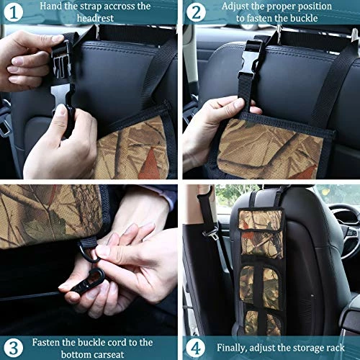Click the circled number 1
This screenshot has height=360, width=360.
[14, 12]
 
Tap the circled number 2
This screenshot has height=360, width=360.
[196, 12]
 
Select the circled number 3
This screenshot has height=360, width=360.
[14, 348]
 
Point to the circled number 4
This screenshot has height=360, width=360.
[196, 348]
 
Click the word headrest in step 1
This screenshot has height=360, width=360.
[95, 18]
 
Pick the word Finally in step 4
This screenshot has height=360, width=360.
[232, 348]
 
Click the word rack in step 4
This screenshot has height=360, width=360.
[336, 348]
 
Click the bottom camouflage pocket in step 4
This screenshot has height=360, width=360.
[263, 322]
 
